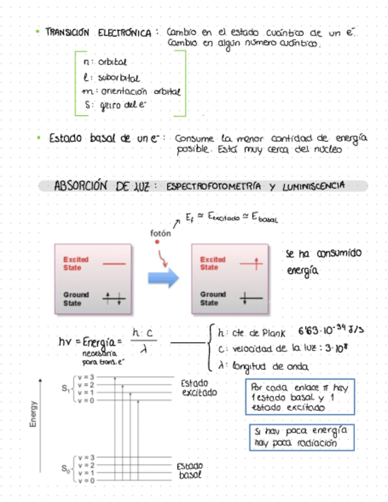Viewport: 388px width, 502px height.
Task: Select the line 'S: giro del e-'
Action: click(115, 105)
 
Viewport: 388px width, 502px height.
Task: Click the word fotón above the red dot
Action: click(160, 233)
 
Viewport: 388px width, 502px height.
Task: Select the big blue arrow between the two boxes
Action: click(163, 277)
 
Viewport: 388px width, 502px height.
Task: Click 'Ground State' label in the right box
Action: click(213, 298)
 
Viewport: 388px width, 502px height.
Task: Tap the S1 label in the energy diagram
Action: click(64, 389)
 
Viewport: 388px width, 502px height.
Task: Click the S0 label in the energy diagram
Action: click(64, 469)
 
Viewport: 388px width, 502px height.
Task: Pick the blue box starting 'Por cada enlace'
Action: click(299, 396)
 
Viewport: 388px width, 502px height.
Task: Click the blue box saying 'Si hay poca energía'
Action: click(299, 436)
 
